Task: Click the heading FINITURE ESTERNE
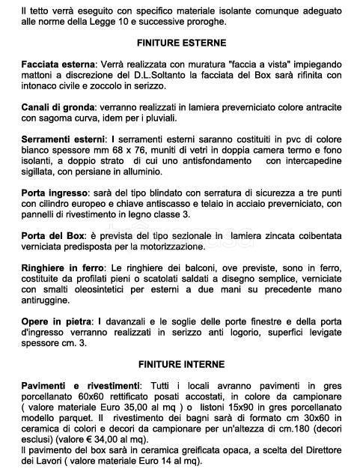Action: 180,43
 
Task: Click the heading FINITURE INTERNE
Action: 180,364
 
